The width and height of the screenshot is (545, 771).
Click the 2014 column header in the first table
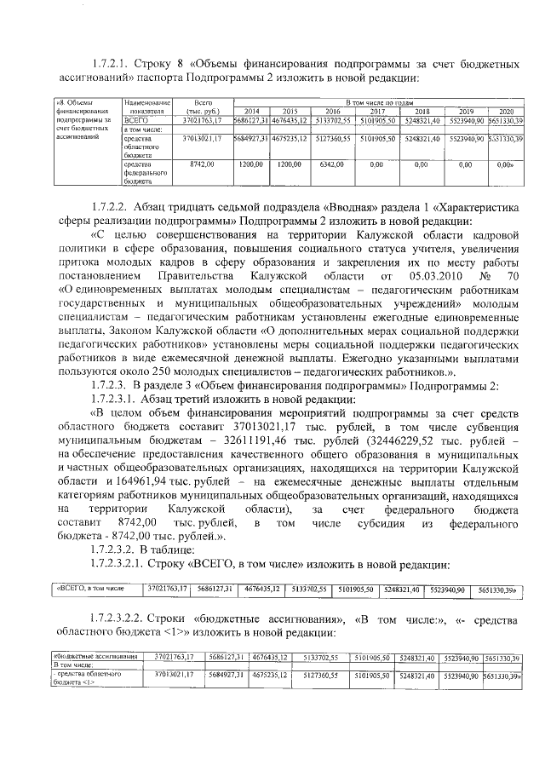click(251, 112)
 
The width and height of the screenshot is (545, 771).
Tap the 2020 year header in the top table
click(506, 112)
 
